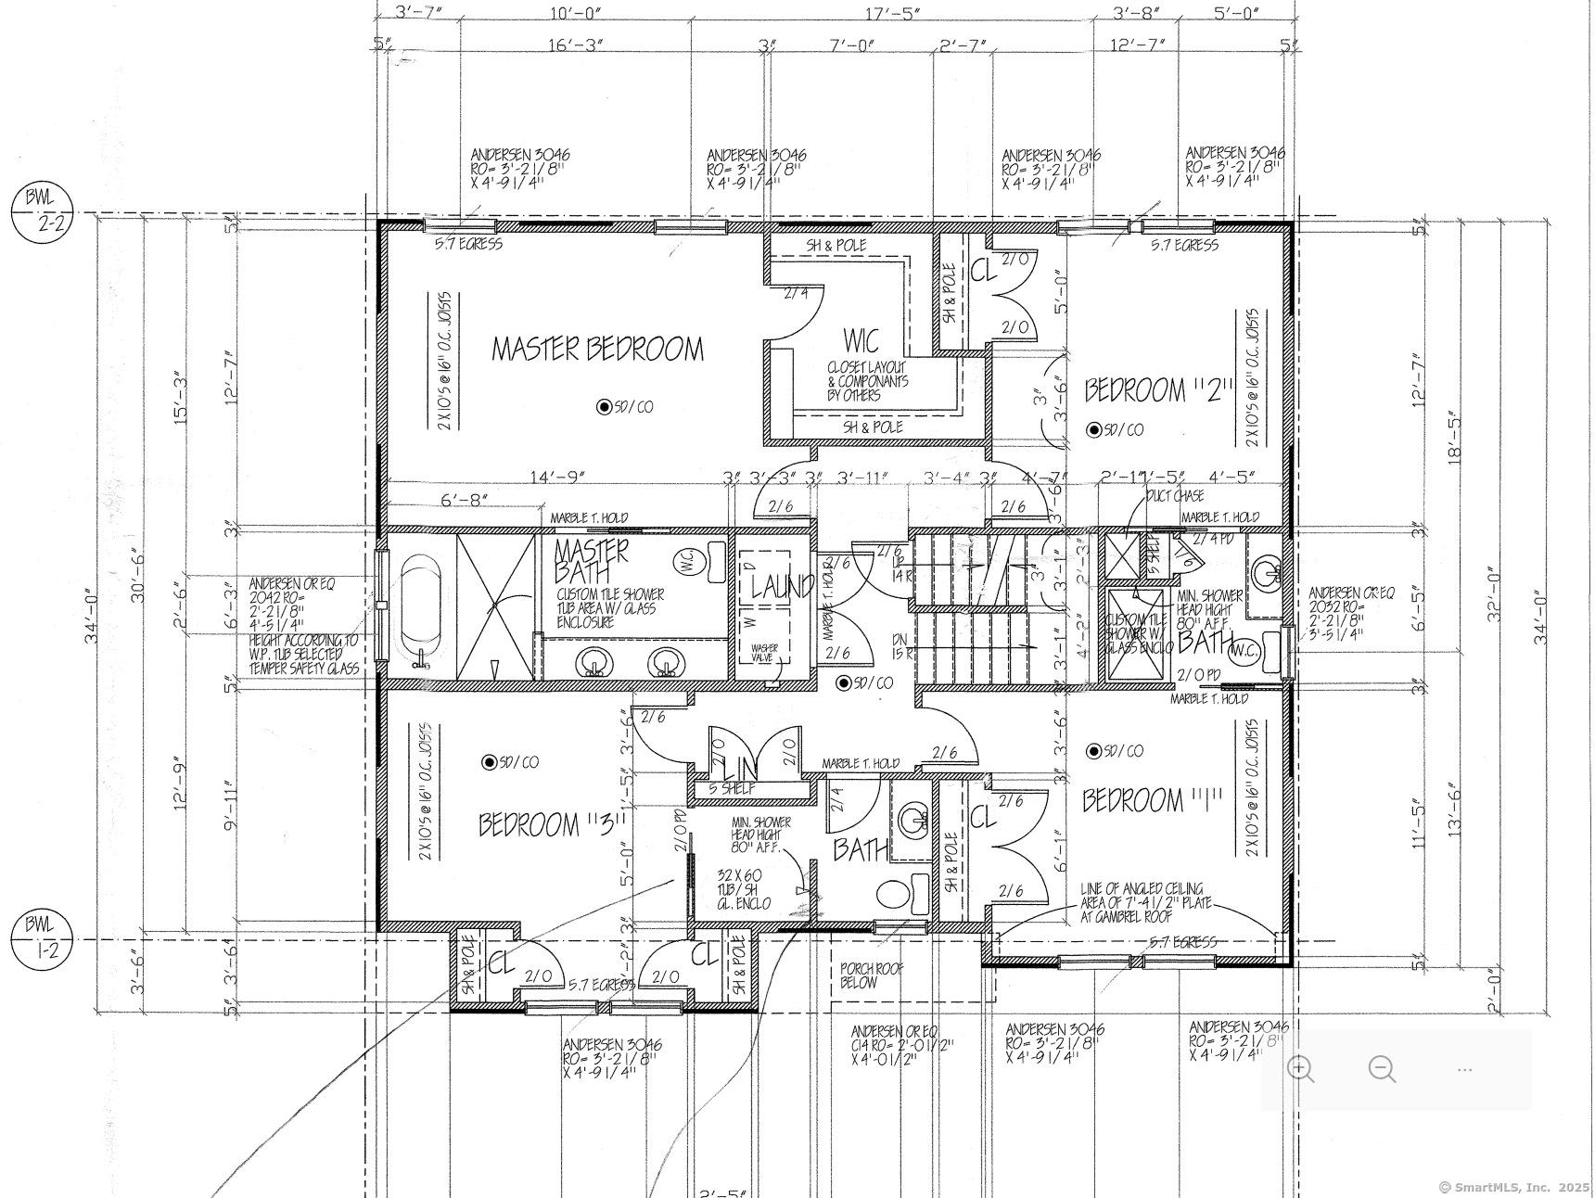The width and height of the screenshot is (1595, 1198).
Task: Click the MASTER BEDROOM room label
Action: [597, 350]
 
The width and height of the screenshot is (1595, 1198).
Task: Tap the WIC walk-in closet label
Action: [861, 340]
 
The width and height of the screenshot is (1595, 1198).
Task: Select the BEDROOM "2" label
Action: [1160, 390]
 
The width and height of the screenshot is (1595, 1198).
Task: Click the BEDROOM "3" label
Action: [554, 824]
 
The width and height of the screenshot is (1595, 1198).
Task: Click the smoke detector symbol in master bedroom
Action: [604, 406]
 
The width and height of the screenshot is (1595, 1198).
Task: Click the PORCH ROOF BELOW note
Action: [871, 975]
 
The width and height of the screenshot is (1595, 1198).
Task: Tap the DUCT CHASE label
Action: [1175, 496]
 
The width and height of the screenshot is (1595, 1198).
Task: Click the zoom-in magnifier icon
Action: [1300, 1068]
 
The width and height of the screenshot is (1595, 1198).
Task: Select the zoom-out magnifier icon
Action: [1382, 1068]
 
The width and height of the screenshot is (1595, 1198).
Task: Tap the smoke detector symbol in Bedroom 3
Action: [489, 762]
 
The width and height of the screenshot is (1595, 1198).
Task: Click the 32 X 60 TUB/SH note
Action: [744, 888]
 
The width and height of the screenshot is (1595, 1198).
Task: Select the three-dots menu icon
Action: [1464, 1069]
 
